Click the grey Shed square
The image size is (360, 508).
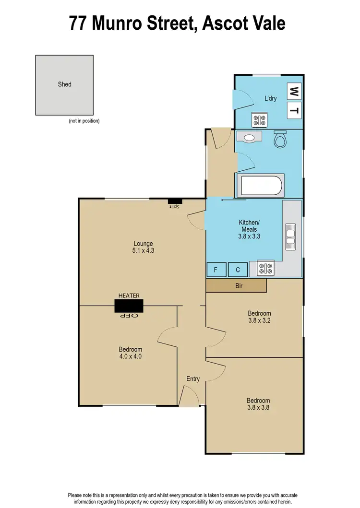(x=64, y=84)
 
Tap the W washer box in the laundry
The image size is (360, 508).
(x=295, y=90)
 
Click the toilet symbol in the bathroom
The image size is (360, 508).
(x=279, y=139)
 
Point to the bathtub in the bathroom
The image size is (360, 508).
(x=261, y=186)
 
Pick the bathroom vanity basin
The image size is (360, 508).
(x=249, y=137)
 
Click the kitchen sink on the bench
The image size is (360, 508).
(x=291, y=236)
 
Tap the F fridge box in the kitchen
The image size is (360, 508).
(x=216, y=270)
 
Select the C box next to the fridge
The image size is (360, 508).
(x=238, y=270)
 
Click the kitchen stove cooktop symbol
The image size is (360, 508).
(x=265, y=268)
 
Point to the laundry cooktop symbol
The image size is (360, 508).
(x=260, y=119)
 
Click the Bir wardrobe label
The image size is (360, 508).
(x=239, y=285)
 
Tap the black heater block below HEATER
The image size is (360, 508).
(x=129, y=306)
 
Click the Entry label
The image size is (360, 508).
(x=193, y=379)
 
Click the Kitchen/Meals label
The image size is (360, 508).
(x=249, y=226)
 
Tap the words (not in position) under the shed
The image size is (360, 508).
(x=84, y=121)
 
